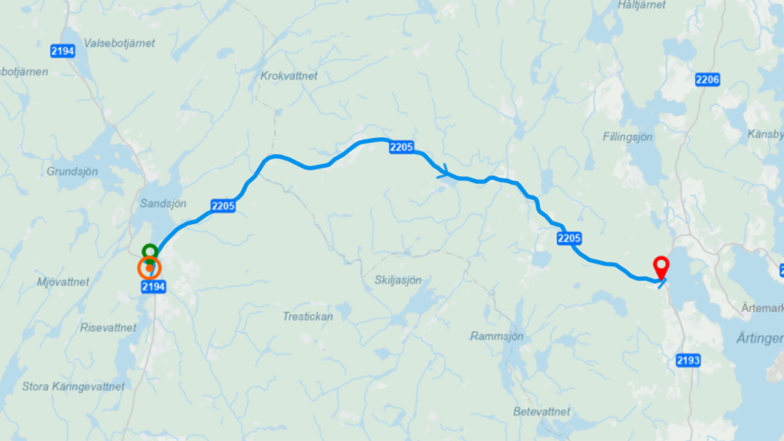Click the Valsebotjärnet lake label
click(x=119, y=43)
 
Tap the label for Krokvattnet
click(x=289, y=76)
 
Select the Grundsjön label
click(x=72, y=171)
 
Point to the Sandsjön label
click(x=163, y=203)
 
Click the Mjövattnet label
click(x=63, y=282)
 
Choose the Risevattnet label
click(x=108, y=328)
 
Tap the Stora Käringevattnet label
click(x=73, y=386)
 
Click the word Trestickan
click(x=307, y=317)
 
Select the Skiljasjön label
click(x=398, y=280)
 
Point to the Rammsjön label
click(x=497, y=336)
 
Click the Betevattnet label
click(x=541, y=412)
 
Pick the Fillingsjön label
click(x=627, y=137)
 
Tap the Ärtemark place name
click(x=763, y=307)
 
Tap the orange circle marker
click(x=149, y=268)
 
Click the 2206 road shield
click(x=707, y=79)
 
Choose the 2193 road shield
click(x=688, y=361)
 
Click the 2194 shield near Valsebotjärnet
click(x=62, y=51)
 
